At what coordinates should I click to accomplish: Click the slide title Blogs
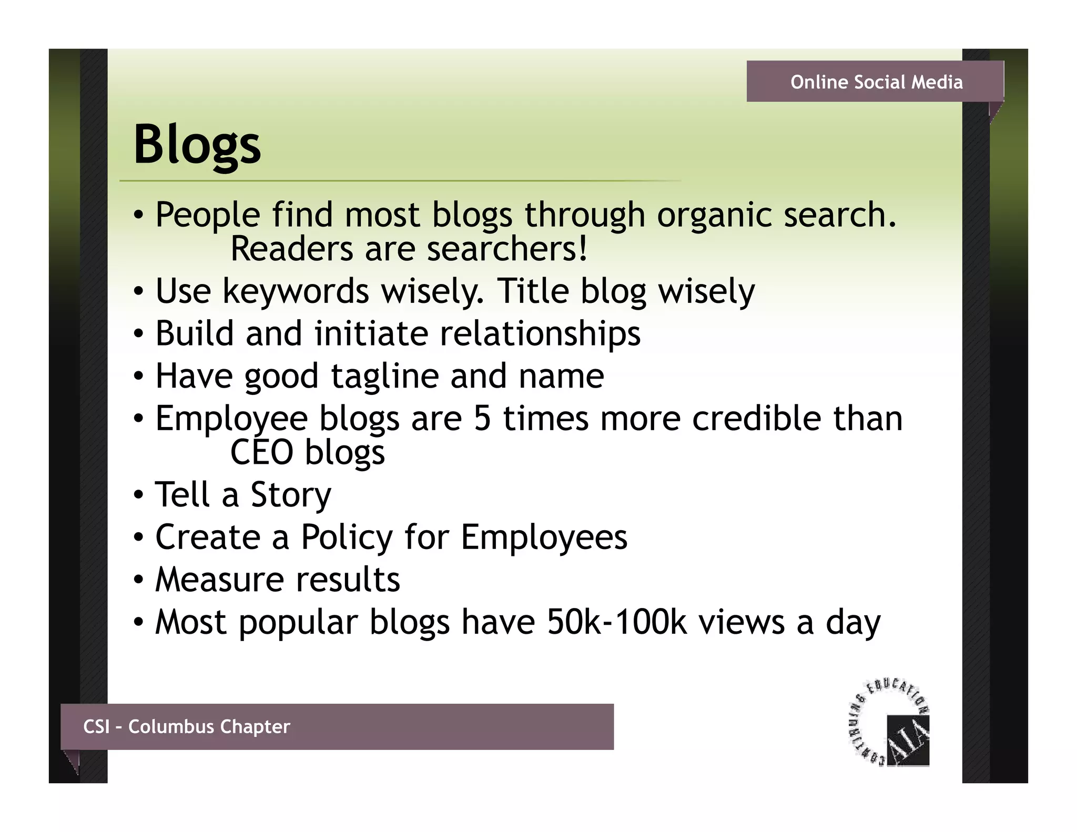197,145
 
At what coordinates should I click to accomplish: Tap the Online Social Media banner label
876,82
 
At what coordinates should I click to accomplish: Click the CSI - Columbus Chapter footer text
186,726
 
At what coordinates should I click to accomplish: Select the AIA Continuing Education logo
890,723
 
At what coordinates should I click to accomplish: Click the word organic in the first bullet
714,216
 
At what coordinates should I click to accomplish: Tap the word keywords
296,291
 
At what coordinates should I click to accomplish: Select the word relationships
540,334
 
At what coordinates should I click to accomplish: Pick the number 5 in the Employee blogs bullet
482,419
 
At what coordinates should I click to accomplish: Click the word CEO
261,452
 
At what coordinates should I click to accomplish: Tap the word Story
290,495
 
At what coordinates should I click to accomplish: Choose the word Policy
347,537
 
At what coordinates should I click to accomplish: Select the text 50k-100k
616,622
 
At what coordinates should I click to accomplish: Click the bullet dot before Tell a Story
138,496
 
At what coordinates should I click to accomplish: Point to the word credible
756,419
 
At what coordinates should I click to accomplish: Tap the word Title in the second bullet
533,291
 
